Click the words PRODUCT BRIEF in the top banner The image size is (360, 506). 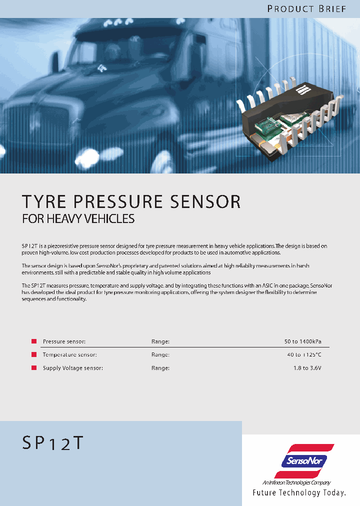(x=306, y=9)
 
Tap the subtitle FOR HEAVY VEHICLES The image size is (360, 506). (x=78, y=218)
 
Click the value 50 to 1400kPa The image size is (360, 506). (x=303, y=341)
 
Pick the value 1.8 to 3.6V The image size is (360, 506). (x=307, y=368)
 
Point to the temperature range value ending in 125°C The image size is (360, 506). (x=304, y=354)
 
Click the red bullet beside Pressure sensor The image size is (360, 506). (x=34, y=341)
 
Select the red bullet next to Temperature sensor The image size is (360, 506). (x=34, y=354)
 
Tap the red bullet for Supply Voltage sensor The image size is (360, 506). (x=34, y=367)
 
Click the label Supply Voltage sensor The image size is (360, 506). (x=73, y=368)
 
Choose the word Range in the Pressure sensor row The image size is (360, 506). (x=160, y=341)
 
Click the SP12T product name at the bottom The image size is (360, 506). (x=52, y=443)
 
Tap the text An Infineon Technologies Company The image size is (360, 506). (x=296, y=482)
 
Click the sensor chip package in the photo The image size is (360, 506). (x=287, y=120)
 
